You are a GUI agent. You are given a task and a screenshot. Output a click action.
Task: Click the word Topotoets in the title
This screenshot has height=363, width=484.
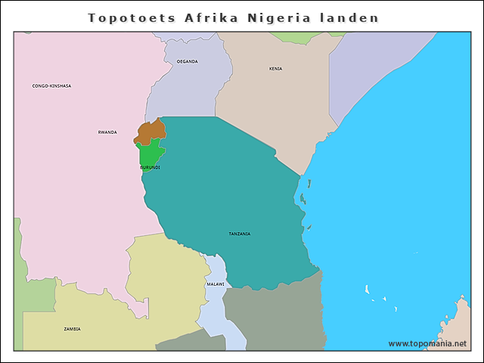coord(132,17)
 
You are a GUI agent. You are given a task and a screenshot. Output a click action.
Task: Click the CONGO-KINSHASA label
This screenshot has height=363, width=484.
coord(51,86)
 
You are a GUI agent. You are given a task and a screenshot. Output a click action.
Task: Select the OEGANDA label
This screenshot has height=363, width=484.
coord(187,61)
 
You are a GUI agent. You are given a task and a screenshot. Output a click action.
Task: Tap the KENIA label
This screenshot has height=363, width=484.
coord(275,69)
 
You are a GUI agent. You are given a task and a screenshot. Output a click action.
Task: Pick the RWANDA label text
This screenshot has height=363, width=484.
coord(107,132)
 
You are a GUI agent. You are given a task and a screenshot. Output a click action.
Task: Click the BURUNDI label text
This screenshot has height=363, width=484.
coord(150,167)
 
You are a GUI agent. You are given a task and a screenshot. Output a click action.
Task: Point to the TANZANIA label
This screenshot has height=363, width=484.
coord(239,234)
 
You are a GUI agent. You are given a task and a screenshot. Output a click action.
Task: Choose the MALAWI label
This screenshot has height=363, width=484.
coord(216,284)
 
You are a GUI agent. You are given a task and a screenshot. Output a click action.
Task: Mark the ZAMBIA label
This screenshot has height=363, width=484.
coord(72,329)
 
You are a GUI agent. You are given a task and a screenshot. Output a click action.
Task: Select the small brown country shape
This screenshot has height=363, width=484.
coord(151,130)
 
